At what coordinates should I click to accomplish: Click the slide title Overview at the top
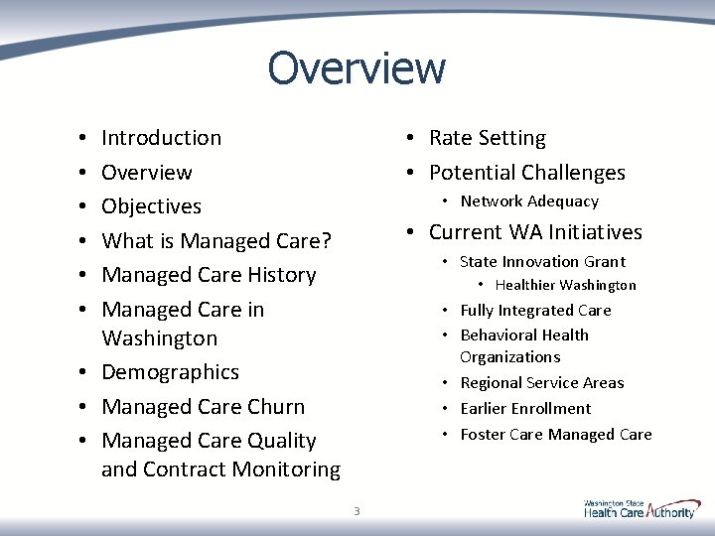(x=357, y=68)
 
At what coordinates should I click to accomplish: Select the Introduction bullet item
(x=161, y=138)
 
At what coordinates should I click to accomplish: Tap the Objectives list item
(x=151, y=206)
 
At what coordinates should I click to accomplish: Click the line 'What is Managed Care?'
(x=216, y=241)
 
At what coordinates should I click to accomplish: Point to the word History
(x=279, y=275)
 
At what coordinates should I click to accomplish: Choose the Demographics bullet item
(x=170, y=372)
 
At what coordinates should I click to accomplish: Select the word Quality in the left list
(x=279, y=441)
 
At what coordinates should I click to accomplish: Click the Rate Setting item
(x=487, y=138)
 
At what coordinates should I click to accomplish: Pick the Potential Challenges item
(x=526, y=173)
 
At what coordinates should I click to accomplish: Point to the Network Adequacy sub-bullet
(x=529, y=201)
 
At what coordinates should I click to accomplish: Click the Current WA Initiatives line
(x=535, y=232)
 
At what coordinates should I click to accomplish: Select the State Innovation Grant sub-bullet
(x=542, y=262)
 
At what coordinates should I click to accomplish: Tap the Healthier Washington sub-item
(x=565, y=286)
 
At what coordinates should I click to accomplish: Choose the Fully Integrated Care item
(x=535, y=311)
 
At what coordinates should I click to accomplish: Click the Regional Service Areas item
(x=541, y=383)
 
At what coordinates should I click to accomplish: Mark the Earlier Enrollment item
(x=525, y=409)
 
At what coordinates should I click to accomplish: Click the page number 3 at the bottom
(x=357, y=511)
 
